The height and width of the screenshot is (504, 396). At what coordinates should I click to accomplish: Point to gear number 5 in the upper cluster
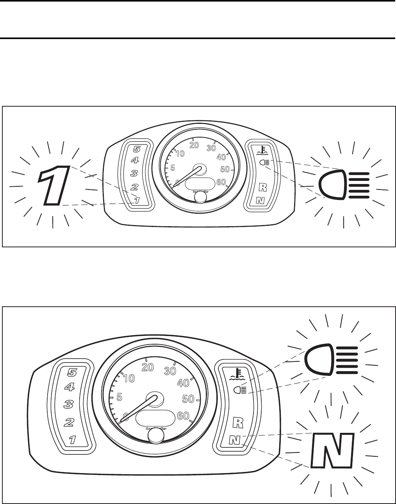(x=137, y=149)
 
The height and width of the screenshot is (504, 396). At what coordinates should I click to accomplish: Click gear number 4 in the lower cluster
(x=70, y=387)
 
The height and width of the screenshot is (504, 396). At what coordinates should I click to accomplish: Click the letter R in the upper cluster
(x=262, y=188)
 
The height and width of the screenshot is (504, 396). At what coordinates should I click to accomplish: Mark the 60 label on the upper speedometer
(x=221, y=182)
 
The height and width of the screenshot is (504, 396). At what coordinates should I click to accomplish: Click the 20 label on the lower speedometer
(x=147, y=367)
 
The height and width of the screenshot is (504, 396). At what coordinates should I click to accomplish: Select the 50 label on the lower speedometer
(x=189, y=399)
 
